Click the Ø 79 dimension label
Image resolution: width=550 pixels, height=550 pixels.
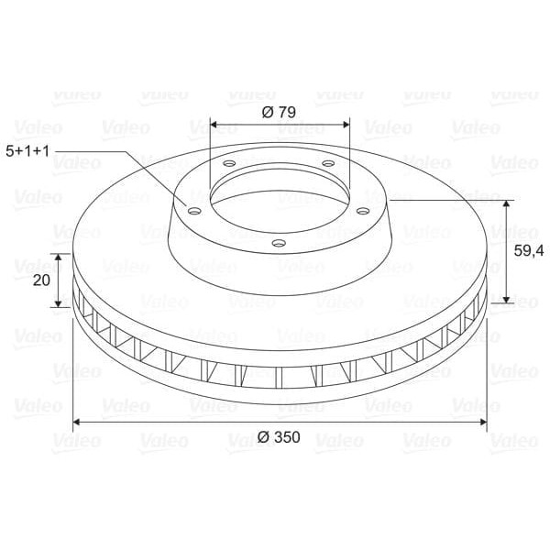[x=279, y=112]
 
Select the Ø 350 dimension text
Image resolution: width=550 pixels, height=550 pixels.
[x=280, y=437]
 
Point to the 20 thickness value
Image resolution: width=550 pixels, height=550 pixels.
[x=40, y=280]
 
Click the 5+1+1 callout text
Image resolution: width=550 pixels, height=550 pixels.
[x=28, y=148]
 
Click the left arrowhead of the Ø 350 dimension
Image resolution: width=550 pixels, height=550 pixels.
[x=76, y=422]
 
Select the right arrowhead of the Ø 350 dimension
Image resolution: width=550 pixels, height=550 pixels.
[x=483, y=422]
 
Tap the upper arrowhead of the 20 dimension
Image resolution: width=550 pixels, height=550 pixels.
[x=60, y=258]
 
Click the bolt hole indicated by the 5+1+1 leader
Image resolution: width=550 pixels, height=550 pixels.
[x=193, y=210]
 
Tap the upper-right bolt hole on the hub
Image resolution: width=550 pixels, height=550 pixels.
[x=326, y=163]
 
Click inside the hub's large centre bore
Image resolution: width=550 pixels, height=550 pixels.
[x=279, y=193]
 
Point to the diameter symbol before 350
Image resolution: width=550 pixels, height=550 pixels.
[x=264, y=437]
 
